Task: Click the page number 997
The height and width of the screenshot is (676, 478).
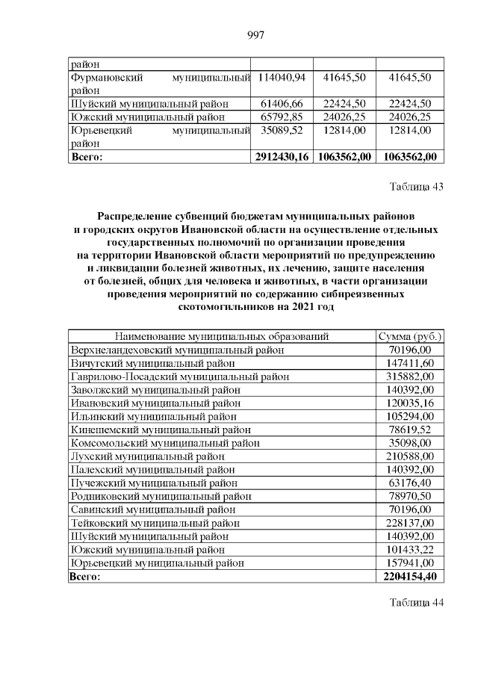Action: (256, 34)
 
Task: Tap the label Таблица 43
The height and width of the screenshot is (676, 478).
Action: (416, 187)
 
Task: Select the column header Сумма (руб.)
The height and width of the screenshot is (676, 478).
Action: (409, 336)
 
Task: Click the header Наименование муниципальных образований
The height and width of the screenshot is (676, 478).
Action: (222, 336)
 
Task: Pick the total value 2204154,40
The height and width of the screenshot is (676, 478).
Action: (409, 576)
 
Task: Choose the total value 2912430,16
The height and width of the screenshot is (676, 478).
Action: (282, 157)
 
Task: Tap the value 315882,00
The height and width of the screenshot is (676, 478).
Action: (409, 376)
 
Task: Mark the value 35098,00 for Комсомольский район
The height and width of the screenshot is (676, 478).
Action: (409, 443)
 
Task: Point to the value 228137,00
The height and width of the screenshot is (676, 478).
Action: (409, 523)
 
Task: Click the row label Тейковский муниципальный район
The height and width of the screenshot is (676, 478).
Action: (155, 523)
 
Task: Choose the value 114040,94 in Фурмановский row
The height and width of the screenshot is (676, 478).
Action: (282, 77)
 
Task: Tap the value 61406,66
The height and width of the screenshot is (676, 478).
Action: (282, 103)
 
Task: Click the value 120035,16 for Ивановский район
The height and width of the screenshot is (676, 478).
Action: (409, 403)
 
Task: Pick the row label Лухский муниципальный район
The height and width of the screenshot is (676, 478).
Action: (147, 456)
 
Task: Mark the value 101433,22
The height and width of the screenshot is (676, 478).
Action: (409, 549)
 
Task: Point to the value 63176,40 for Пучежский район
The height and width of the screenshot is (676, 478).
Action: (409, 483)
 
